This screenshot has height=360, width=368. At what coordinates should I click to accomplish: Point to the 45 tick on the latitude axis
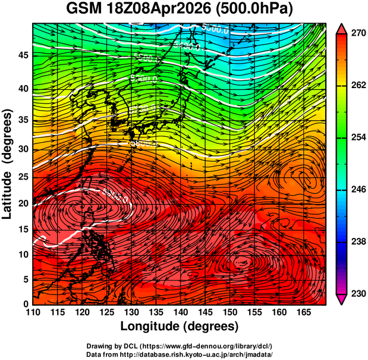pos(23,55)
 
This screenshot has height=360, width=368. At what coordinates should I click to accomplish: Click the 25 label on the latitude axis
pos(23,178)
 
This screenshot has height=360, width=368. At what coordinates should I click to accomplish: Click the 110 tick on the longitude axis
pos(33,313)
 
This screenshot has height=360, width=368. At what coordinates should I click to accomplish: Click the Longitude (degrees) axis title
pos(180,326)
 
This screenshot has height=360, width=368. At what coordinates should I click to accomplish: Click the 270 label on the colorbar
pos(356,34)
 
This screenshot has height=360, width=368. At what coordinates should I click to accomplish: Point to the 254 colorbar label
pos(356,137)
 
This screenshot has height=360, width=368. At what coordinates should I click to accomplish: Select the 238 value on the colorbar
pos(356,242)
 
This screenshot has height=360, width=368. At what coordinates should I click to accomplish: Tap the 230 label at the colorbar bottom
pos(356,293)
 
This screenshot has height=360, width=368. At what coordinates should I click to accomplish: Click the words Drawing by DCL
pos(109,346)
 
